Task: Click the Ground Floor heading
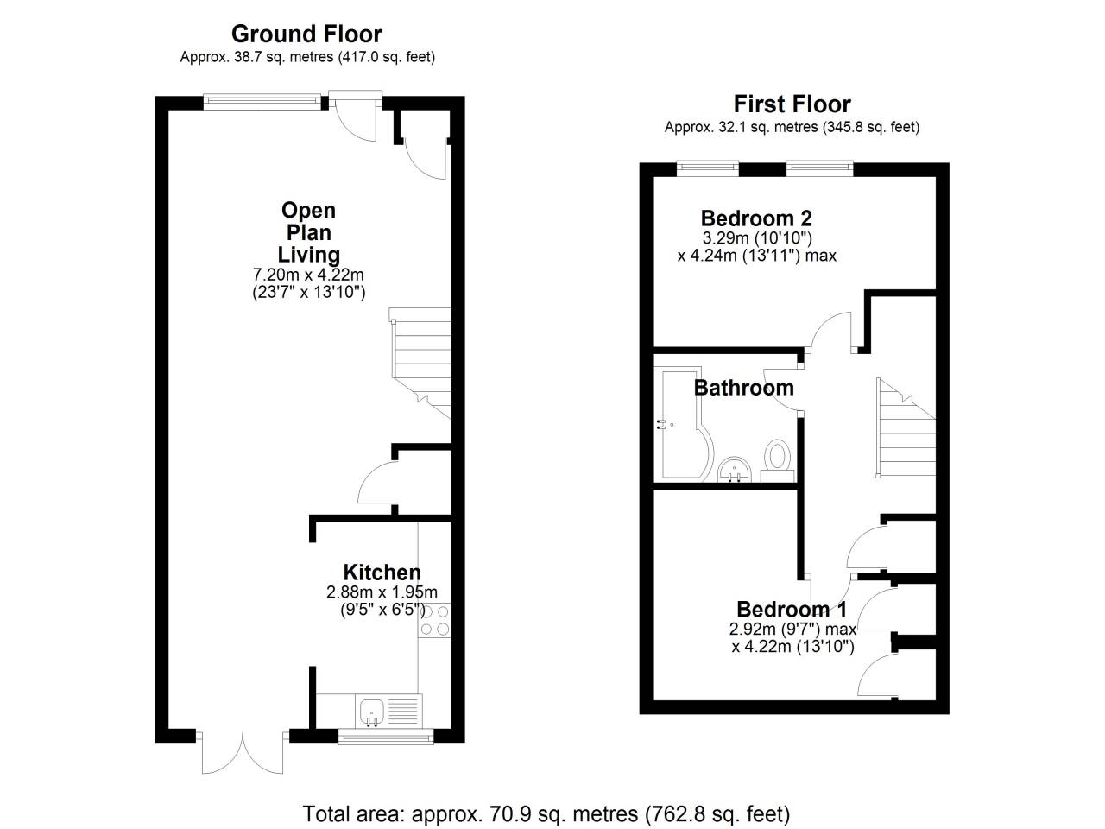(306, 35)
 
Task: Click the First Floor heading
(792, 104)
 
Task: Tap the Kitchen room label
(382, 573)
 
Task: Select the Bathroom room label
(743, 388)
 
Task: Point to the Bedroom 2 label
(756, 218)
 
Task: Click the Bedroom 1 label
(792, 610)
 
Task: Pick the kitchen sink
(372, 711)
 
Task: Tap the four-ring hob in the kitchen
(434, 620)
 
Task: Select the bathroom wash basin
(736, 469)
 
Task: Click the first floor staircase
(906, 427)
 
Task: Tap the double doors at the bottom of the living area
(243, 753)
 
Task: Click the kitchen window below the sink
(385, 736)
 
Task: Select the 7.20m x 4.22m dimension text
(308, 275)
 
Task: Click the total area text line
(546, 813)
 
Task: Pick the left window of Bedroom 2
(707, 167)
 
